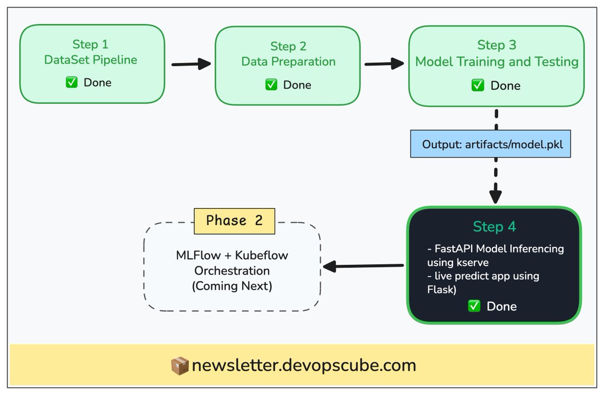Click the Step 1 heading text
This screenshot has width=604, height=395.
pos(90,44)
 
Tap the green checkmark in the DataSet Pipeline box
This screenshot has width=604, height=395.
pos(71,82)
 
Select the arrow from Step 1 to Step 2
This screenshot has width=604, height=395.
pos(191,64)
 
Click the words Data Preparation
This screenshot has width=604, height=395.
pos(288,62)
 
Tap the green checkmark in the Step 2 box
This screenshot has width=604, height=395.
pos(271,85)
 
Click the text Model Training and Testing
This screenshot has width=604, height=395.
pos(496,62)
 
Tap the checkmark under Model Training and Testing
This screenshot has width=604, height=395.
pos(478,85)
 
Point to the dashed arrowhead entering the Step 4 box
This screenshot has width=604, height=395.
pos(496,195)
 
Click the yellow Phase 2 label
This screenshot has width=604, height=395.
pos(235,221)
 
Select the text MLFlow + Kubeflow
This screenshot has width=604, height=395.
pos(232,255)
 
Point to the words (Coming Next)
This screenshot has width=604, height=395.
pos(232,286)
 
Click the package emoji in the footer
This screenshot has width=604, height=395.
pos(179,366)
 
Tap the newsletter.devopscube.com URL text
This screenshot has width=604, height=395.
pos(304,365)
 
